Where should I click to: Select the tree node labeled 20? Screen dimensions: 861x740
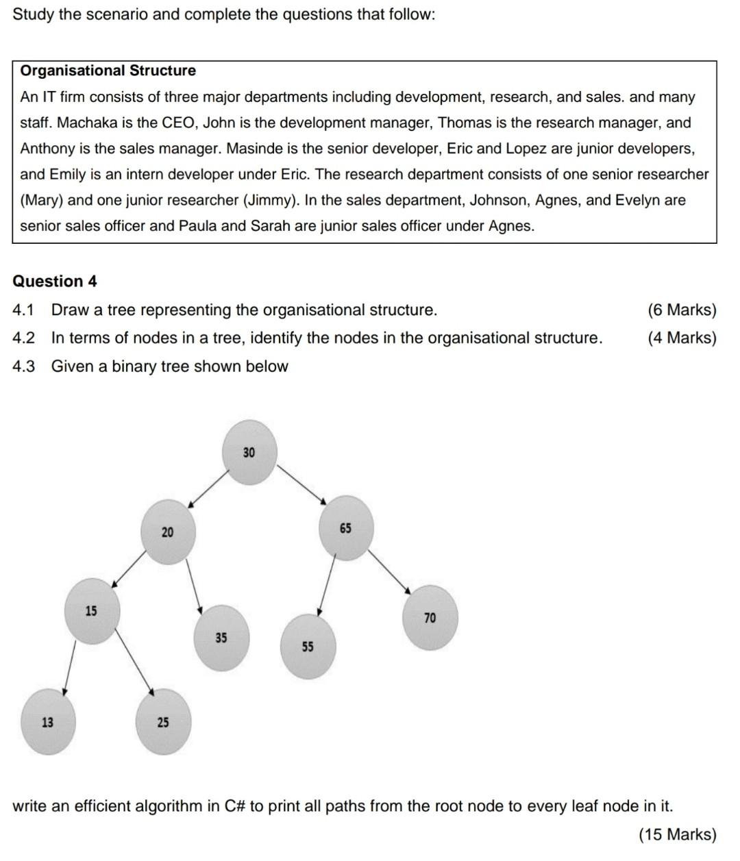pyautogui.click(x=168, y=532)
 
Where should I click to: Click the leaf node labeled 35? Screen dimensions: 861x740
pyautogui.click(x=221, y=638)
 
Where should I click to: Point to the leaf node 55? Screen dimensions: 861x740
pyautogui.click(x=308, y=647)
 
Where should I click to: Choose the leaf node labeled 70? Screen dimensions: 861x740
pyautogui.click(x=430, y=618)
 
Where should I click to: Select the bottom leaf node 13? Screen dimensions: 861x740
pyautogui.click(x=47, y=722)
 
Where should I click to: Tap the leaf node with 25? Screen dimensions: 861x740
pyautogui.click(x=163, y=722)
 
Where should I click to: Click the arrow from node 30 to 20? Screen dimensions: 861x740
pyautogui.click(x=207, y=488)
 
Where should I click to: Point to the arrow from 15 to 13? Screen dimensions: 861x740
pyautogui.click(x=69, y=668)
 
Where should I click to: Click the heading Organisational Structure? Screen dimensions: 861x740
pyautogui.click(x=108, y=71)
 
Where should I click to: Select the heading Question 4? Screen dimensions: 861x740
pyautogui.click(x=55, y=281)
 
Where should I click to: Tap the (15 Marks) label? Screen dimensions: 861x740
pyautogui.click(x=677, y=834)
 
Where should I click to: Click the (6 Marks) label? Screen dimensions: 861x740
pyautogui.click(x=681, y=310)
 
